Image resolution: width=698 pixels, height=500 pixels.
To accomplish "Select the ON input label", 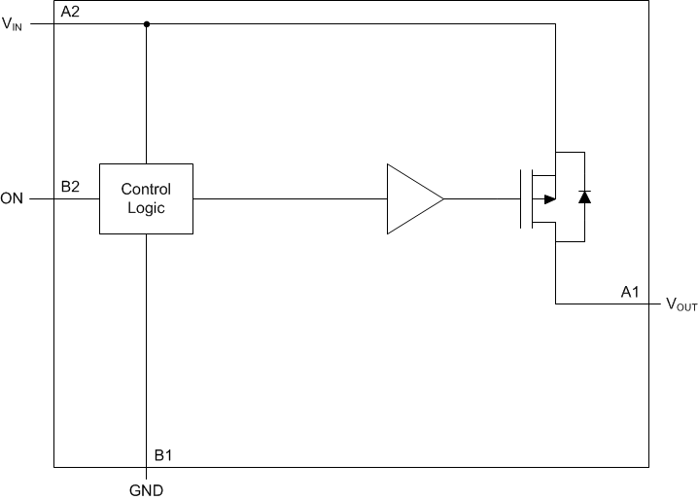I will [x=13, y=199].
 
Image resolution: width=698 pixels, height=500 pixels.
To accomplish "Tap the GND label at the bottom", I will [x=146, y=490].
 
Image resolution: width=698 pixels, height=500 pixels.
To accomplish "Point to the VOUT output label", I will [x=681, y=304].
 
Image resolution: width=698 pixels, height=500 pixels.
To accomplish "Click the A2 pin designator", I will [x=70, y=12].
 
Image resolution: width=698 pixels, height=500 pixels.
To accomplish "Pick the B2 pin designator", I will [x=70, y=186].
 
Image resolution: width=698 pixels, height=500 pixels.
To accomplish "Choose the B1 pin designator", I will [x=164, y=454].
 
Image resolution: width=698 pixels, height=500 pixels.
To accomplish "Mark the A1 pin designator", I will [x=631, y=290].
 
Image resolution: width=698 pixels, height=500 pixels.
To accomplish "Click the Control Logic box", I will [x=146, y=198].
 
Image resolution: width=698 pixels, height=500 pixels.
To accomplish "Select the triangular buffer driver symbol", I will [x=409, y=198].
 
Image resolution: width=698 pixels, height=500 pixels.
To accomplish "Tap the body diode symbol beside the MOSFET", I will [x=583, y=198].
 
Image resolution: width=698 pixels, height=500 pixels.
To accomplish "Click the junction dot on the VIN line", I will [x=146, y=24].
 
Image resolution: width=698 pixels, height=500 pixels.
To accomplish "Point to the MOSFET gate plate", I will [x=522, y=198].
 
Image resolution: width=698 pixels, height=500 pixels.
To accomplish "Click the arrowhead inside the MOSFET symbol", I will [x=549, y=198].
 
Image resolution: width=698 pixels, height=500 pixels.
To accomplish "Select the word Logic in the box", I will [x=146, y=208].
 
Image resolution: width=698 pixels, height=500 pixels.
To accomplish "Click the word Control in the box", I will [x=146, y=190].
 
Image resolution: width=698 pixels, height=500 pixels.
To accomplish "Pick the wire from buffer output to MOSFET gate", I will [x=481, y=198].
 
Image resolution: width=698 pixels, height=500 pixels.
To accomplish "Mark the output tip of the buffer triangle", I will [x=443, y=198].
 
